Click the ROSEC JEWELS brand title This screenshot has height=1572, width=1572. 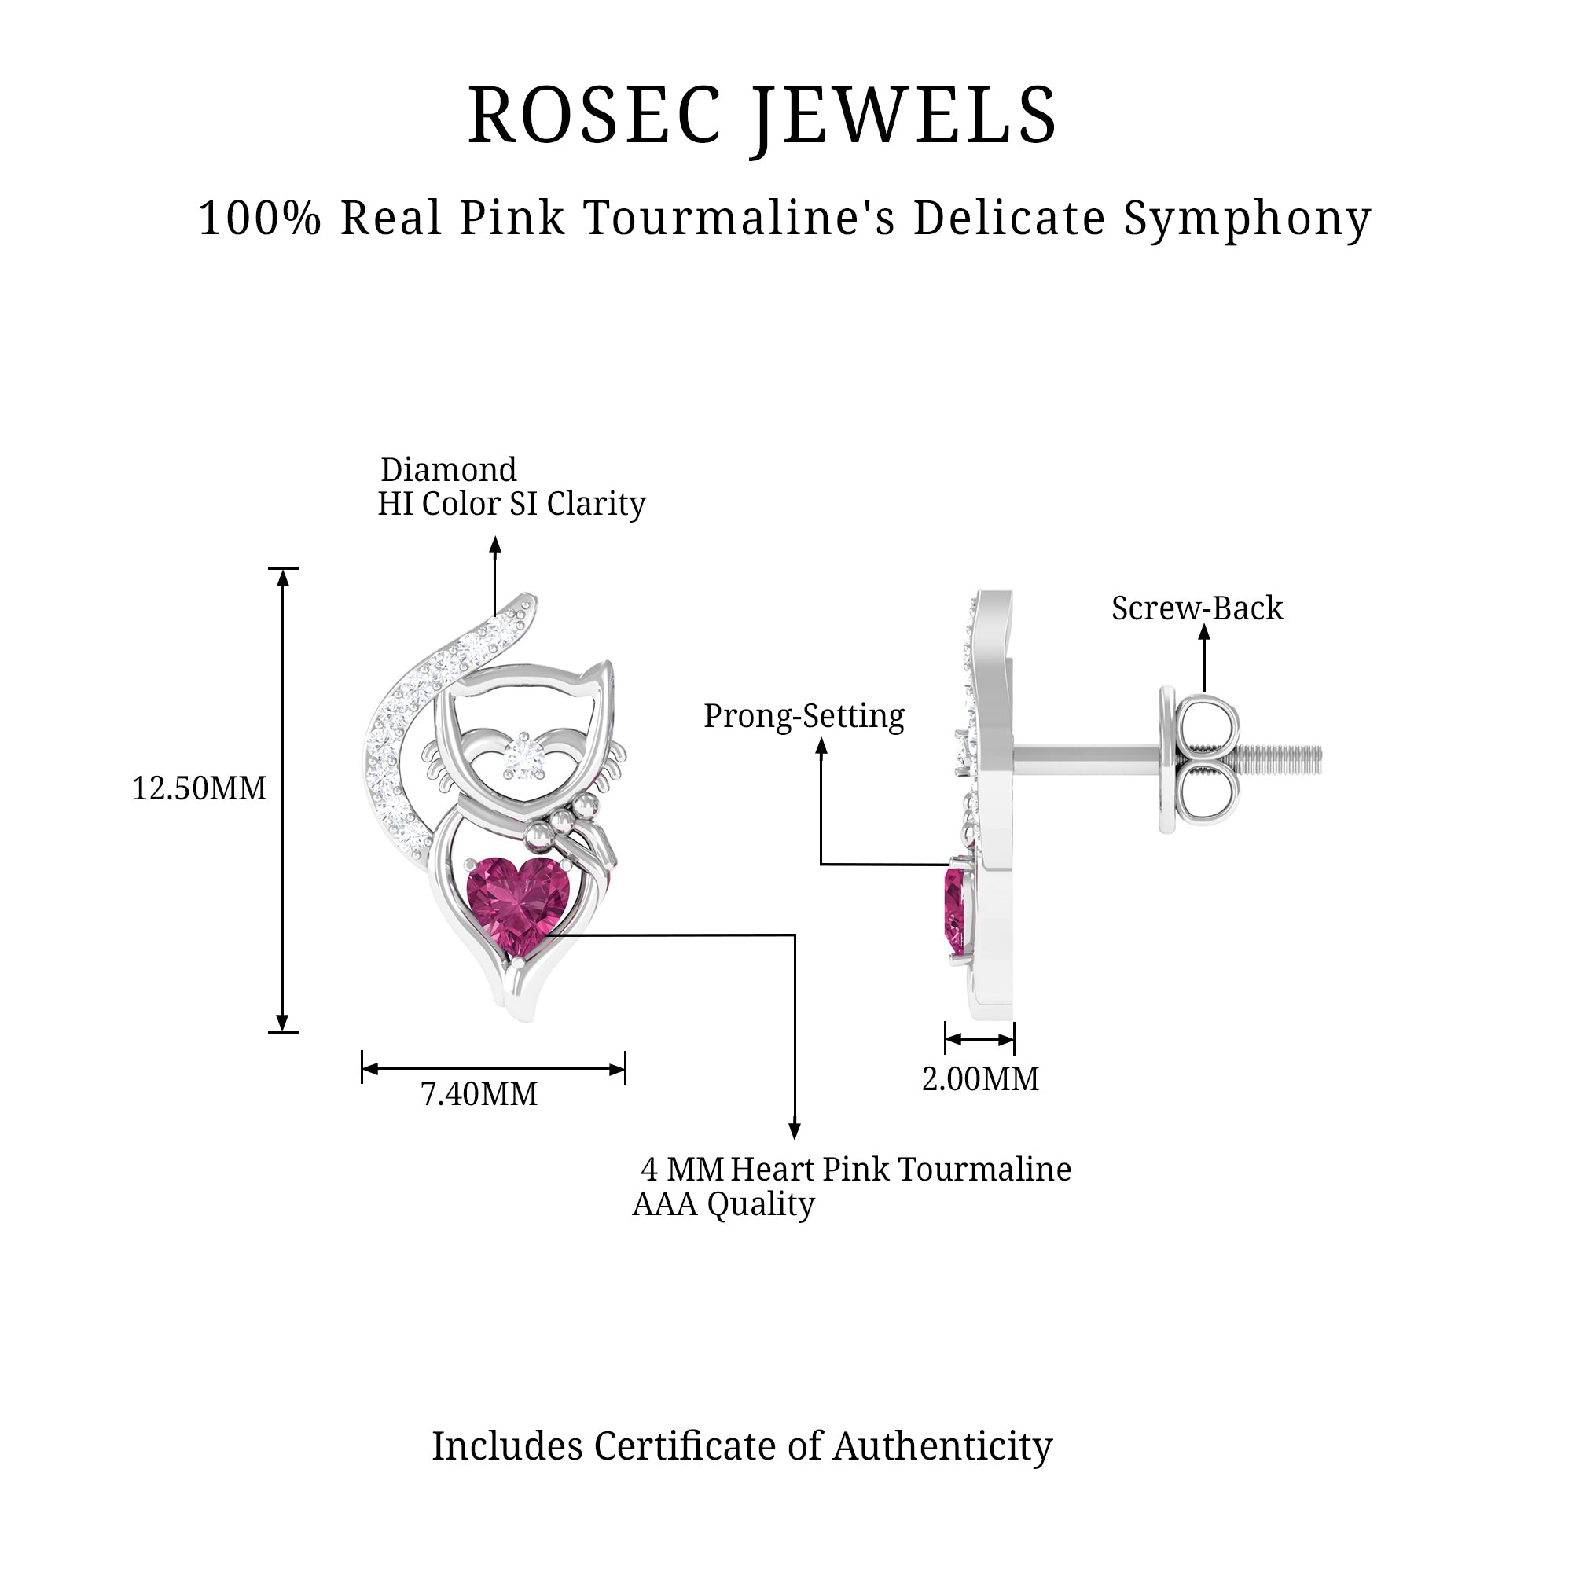762,116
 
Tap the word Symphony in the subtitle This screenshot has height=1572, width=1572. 1247,219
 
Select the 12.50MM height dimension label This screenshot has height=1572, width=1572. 200,788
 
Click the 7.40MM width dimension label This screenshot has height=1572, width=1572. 479,1094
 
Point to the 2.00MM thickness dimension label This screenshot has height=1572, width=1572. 980,1080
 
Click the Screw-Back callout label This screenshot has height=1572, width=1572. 1197,608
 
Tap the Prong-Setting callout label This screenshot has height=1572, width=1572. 804,716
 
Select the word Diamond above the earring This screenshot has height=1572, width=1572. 448,470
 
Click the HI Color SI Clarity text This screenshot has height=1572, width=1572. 512,505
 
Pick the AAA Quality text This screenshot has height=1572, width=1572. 723,1204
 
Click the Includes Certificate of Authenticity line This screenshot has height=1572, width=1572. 742,1446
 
